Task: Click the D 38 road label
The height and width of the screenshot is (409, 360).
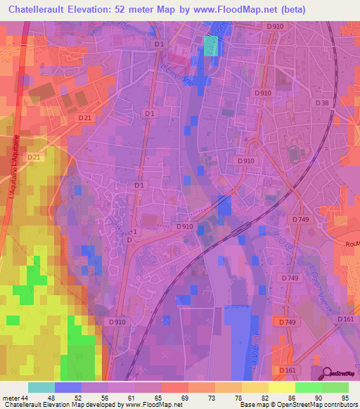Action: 323,103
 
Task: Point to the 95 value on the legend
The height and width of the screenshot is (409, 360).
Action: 344,398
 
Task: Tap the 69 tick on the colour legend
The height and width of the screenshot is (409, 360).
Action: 185,398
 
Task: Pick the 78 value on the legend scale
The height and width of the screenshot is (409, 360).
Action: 238,398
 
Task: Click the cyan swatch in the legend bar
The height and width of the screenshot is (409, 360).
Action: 41,387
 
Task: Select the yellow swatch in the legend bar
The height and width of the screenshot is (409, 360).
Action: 281,387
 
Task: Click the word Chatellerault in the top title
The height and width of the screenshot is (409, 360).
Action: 44,8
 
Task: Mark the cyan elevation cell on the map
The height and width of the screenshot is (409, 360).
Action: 211,45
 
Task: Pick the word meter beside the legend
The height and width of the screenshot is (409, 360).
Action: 11,398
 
